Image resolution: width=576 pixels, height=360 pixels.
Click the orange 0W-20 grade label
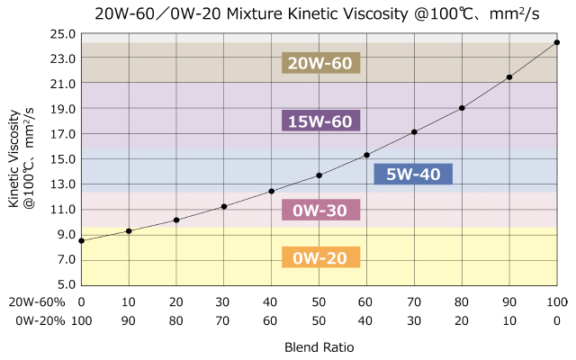point(320,258)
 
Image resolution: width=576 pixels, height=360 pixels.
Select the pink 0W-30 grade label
point(320,211)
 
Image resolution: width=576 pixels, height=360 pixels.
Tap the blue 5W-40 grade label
point(413,175)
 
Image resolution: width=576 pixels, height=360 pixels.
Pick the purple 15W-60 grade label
point(320,121)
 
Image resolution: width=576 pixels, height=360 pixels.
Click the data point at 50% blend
point(319,175)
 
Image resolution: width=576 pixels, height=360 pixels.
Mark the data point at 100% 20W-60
point(557,42)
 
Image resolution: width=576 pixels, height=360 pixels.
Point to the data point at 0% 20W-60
point(82,240)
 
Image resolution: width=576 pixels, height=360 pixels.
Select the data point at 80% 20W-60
point(462,108)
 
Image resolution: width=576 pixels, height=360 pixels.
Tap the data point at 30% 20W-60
point(224,206)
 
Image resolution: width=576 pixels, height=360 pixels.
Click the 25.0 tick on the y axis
point(63,33)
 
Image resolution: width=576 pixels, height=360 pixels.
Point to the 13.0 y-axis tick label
point(63,184)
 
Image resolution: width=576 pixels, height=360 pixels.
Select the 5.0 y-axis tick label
point(63,285)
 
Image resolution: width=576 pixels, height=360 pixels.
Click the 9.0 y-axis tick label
point(63,235)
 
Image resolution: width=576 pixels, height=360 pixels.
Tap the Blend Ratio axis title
point(319,346)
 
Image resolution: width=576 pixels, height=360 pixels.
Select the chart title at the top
point(288,13)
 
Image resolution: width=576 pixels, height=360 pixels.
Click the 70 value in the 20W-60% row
point(414,301)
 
